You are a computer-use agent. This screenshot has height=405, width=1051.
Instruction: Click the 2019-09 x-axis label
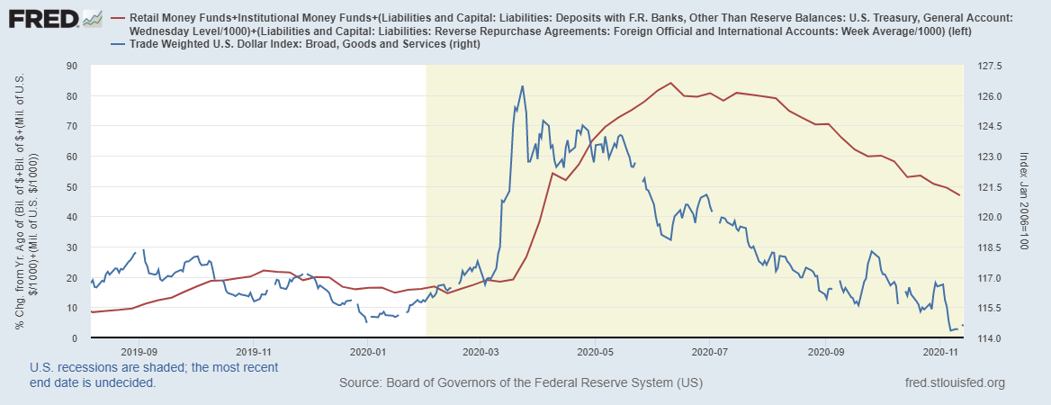(139, 352)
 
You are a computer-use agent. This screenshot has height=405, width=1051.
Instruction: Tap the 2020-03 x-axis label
(482, 352)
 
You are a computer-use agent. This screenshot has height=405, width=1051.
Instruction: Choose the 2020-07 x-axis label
(710, 352)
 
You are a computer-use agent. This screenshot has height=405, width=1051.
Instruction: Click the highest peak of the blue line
(523, 86)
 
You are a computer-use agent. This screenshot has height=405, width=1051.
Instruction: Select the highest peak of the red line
(670, 83)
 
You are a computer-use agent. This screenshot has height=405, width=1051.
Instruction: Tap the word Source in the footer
(360, 383)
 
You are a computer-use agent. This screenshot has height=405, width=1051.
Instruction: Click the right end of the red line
(960, 195)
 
